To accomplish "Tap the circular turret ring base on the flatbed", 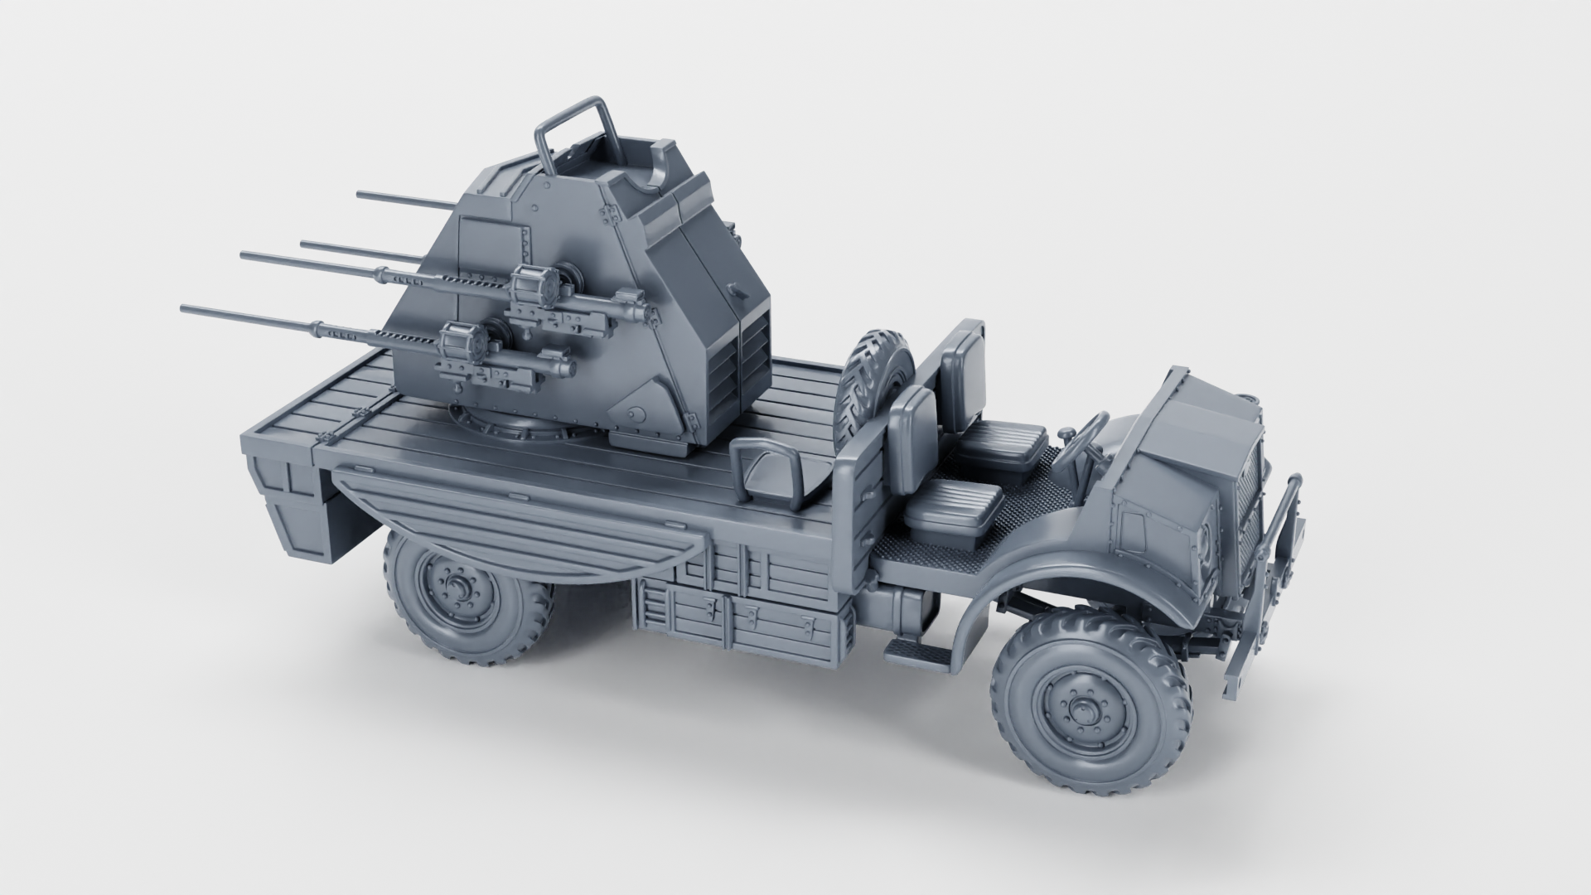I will click(514, 431).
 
